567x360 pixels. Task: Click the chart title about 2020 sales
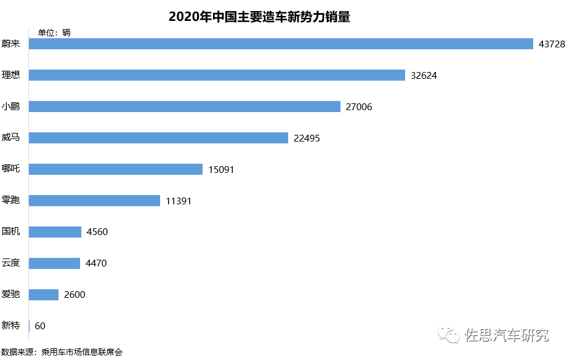[259, 17]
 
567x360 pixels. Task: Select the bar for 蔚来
[281, 44]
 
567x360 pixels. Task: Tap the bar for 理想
[217, 75]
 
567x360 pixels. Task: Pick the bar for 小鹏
[185, 106]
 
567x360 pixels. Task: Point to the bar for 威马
[158, 138]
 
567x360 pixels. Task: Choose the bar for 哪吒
[116, 169]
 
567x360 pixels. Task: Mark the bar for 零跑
[95, 201]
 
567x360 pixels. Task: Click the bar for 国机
[55, 232]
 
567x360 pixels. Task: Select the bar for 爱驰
[44, 294]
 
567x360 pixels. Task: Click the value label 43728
[551, 44]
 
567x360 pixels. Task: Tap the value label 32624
[424, 76]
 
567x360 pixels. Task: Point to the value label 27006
[359, 107]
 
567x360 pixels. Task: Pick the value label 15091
[221, 169]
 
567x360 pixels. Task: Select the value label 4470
[97, 263]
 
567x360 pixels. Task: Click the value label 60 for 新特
[40, 326]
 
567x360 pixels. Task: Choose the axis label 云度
[11, 263]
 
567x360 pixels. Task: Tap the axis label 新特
[11, 326]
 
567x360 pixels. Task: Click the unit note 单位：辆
[54, 33]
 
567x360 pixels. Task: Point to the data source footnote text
[62, 353]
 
